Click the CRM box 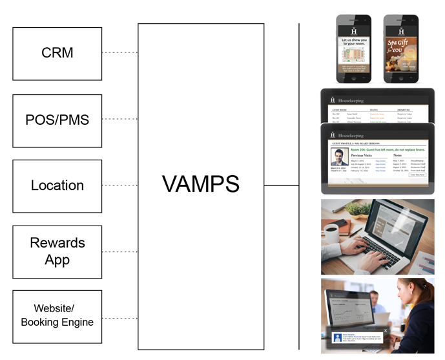click(x=57, y=53)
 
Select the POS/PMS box click(x=57, y=120)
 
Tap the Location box click(x=57, y=186)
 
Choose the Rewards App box click(x=57, y=251)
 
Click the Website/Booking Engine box click(x=57, y=316)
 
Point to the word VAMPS click(x=201, y=185)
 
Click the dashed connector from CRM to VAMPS click(x=120, y=52)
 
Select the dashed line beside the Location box click(x=120, y=185)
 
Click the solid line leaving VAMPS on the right click(x=282, y=185)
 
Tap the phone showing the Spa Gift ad click(x=401, y=50)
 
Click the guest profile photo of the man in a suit click(x=340, y=158)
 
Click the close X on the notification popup click(x=386, y=330)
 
